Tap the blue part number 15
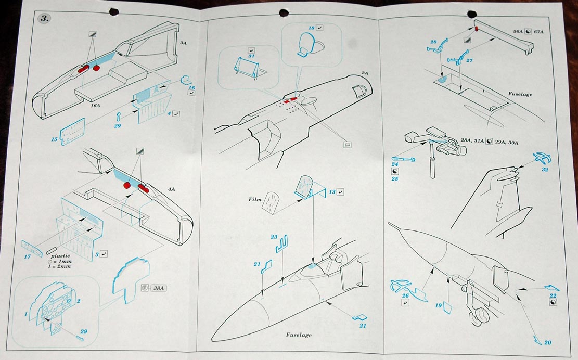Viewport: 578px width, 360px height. pos(54,139)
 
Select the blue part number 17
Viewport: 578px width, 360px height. pos(28,256)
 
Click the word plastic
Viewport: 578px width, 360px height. pos(61,256)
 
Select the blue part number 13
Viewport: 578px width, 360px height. pos(331,192)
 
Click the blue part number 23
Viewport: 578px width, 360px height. pos(274,237)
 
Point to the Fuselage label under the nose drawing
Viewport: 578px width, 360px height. pos(299,335)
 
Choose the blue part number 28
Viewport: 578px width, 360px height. pos(433,42)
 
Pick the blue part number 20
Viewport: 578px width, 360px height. pos(547,342)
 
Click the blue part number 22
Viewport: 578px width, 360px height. pos(552,295)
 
